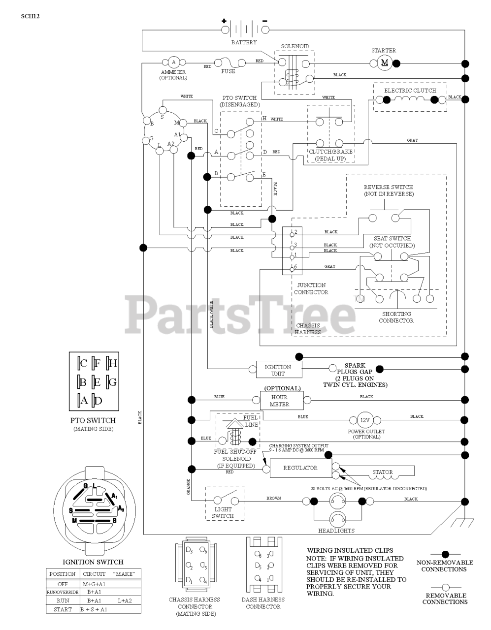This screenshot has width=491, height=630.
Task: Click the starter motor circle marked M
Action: click(x=385, y=63)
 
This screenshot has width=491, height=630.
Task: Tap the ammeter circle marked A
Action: click(x=173, y=63)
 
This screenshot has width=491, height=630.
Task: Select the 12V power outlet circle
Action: click(x=364, y=420)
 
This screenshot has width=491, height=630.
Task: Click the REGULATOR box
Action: click(x=300, y=468)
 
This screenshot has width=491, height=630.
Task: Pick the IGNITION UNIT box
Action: click(x=278, y=370)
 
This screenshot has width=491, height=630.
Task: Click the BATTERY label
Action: click(x=244, y=43)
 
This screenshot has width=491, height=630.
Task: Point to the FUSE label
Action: click(x=228, y=71)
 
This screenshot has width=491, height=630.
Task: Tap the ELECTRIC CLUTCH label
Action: click(x=410, y=91)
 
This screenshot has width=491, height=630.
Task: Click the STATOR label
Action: click(x=382, y=472)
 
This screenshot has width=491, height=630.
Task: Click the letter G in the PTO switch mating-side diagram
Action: click(x=112, y=382)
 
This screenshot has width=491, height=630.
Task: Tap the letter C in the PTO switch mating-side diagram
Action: click(x=84, y=364)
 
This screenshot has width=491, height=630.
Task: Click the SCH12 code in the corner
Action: click(x=30, y=16)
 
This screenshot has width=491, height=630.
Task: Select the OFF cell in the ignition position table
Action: click(x=63, y=584)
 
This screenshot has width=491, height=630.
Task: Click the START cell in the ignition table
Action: click(x=63, y=610)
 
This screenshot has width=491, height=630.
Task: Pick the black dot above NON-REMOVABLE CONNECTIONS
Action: click(x=445, y=554)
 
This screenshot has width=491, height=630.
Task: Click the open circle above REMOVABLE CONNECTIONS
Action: click(x=445, y=587)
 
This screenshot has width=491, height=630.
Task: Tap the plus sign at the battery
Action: click(x=224, y=21)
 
